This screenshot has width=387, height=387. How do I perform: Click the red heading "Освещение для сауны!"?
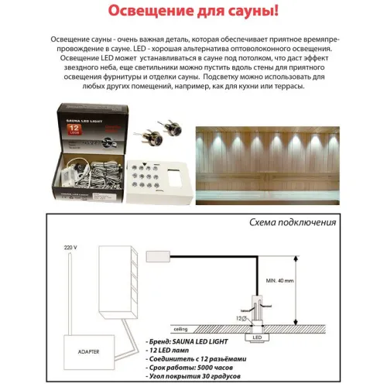pos(193,13)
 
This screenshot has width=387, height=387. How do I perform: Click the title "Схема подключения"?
pos(293,222)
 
